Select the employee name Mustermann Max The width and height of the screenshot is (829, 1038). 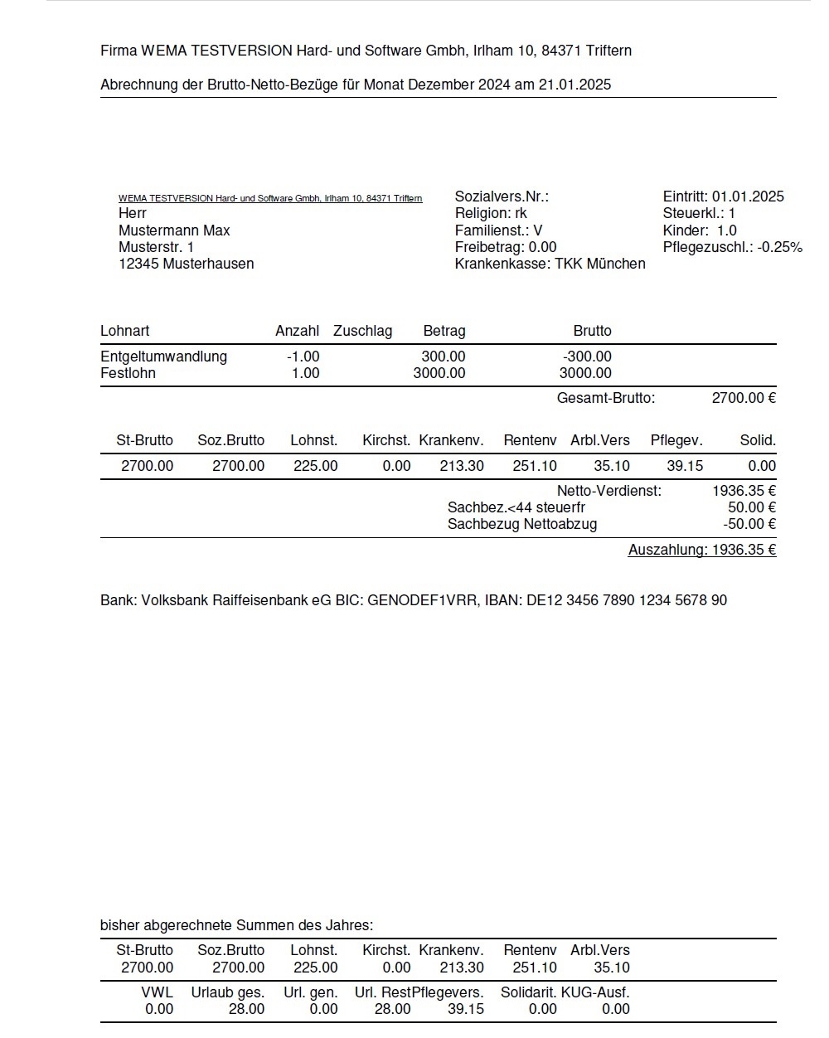point(174,230)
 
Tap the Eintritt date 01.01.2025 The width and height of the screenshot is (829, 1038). point(748,196)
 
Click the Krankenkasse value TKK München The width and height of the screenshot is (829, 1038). point(599,264)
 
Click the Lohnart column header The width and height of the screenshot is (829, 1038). point(124,331)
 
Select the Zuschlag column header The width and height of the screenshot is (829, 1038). point(362,331)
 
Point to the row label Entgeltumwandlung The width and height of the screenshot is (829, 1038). point(163,357)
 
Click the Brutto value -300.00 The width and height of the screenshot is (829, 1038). point(587,357)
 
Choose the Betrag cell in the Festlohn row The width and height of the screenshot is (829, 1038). point(439,373)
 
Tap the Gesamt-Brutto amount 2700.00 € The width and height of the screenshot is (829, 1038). point(744,398)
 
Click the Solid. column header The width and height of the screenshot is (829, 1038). point(758,440)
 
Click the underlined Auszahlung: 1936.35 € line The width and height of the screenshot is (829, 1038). point(701,550)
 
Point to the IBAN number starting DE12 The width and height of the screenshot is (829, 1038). point(627,600)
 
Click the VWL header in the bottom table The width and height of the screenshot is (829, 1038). point(158,992)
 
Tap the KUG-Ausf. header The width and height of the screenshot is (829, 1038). point(595,992)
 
